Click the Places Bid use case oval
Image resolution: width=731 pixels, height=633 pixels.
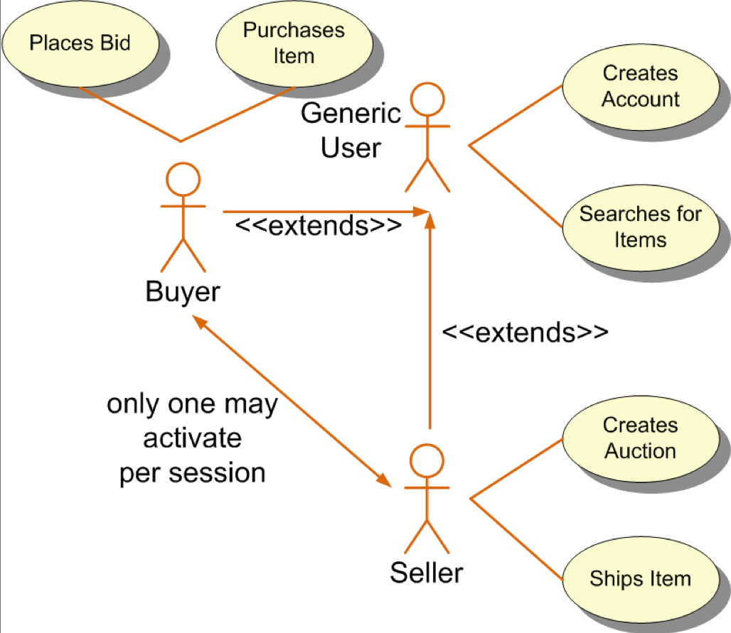pyautogui.click(x=80, y=43)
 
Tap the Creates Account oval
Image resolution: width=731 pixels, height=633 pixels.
pyautogui.click(x=640, y=86)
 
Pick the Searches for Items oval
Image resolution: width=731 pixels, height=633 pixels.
pyautogui.click(x=640, y=227)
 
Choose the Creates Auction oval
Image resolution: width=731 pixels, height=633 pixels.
pyautogui.click(x=640, y=438)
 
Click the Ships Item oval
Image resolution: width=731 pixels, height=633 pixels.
pyautogui.click(x=640, y=578)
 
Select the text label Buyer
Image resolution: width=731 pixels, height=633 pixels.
pyautogui.click(x=183, y=291)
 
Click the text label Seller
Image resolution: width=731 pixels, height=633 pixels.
pyautogui.click(x=427, y=571)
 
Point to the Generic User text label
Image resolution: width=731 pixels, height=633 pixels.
pyautogui.click(x=351, y=130)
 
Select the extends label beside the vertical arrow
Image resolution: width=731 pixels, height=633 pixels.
pyautogui.click(x=525, y=332)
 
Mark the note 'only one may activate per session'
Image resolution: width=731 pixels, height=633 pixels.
pyautogui.click(x=192, y=438)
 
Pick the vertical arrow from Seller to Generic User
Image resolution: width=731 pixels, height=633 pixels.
pyautogui.click(x=429, y=320)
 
